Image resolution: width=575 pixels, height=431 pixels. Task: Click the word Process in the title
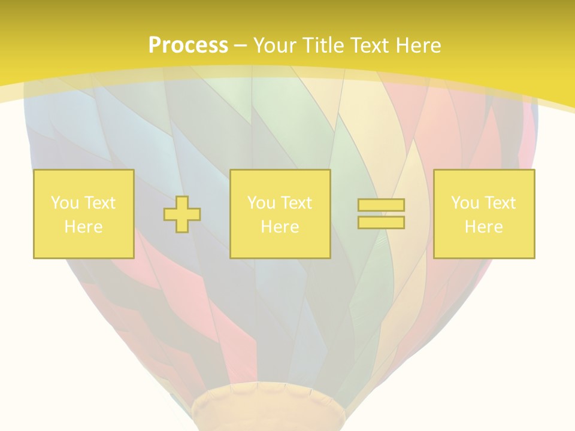click(188, 45)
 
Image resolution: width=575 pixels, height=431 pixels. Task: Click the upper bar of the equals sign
click(381, 205)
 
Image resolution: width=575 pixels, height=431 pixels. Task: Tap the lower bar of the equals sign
click(381, 222)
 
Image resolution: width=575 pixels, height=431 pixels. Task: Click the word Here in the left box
click(83, 227)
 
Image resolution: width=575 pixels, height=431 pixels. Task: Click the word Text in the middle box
click(296, 203)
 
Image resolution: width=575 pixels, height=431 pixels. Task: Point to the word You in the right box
click(465, 203)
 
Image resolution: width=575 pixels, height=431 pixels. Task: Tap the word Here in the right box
click(483, 227)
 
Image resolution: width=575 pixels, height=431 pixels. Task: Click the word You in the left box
click(65, 203)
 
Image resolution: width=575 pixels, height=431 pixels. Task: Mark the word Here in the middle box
click(280, 227)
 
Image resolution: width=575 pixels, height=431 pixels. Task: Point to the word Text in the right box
click(500, 203)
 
